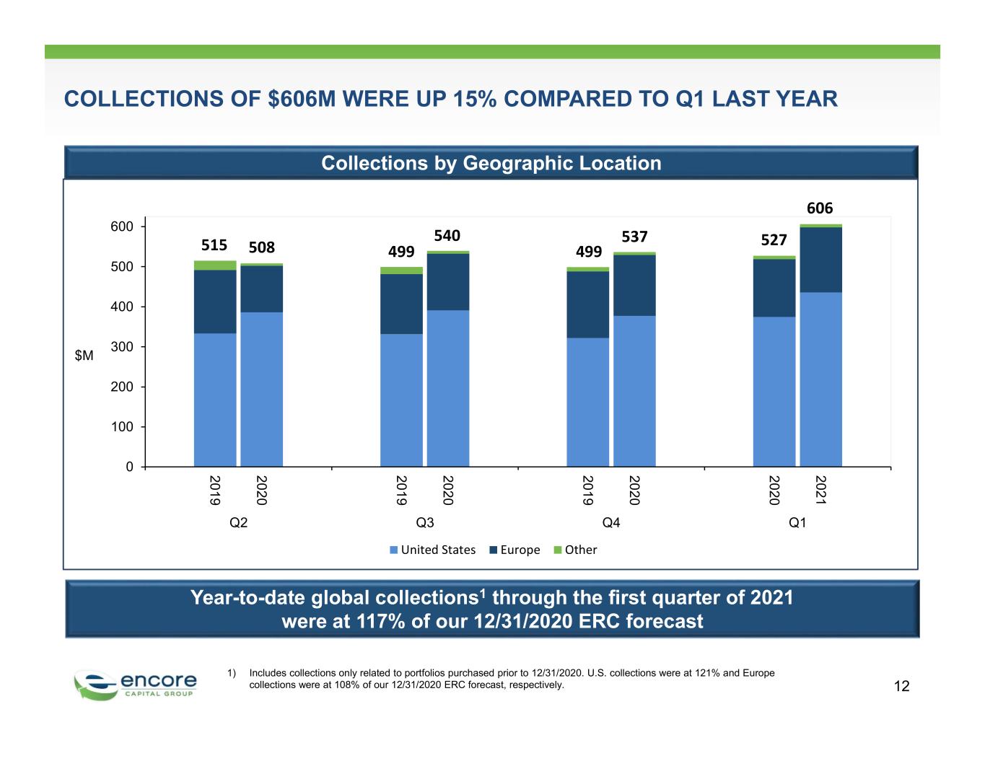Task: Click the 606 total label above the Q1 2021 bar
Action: click(x=820, y=208)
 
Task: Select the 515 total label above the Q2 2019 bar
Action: click(x=214, y=245)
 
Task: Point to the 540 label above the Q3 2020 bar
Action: click(x=447, y=236)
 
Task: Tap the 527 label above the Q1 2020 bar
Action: click(x=774, y=239)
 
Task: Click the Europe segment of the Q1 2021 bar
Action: click(x=821, y=260)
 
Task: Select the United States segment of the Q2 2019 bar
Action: click(x=215, y=400)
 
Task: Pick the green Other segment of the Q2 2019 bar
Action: click(x=215, y=265)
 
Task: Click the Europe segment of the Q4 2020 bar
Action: click(x=634, y=286)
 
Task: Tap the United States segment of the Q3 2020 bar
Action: click(x=448, y=388)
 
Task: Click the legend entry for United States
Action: click(x=432, y=550)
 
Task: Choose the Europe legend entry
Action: click(x=515, y=550)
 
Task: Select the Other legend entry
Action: click(x=575, y=550)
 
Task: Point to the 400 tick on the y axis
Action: click(x=122, y=307)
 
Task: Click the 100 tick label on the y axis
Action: click(x=122, y=427)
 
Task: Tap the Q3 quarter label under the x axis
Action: click(x=425, y=523)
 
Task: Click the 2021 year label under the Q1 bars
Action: click(x=820, y=490)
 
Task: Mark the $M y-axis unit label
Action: click(x=84, y=356)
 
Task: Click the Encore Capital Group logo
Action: click(x=135, y=685)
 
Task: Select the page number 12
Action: click(x=901, y=686)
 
